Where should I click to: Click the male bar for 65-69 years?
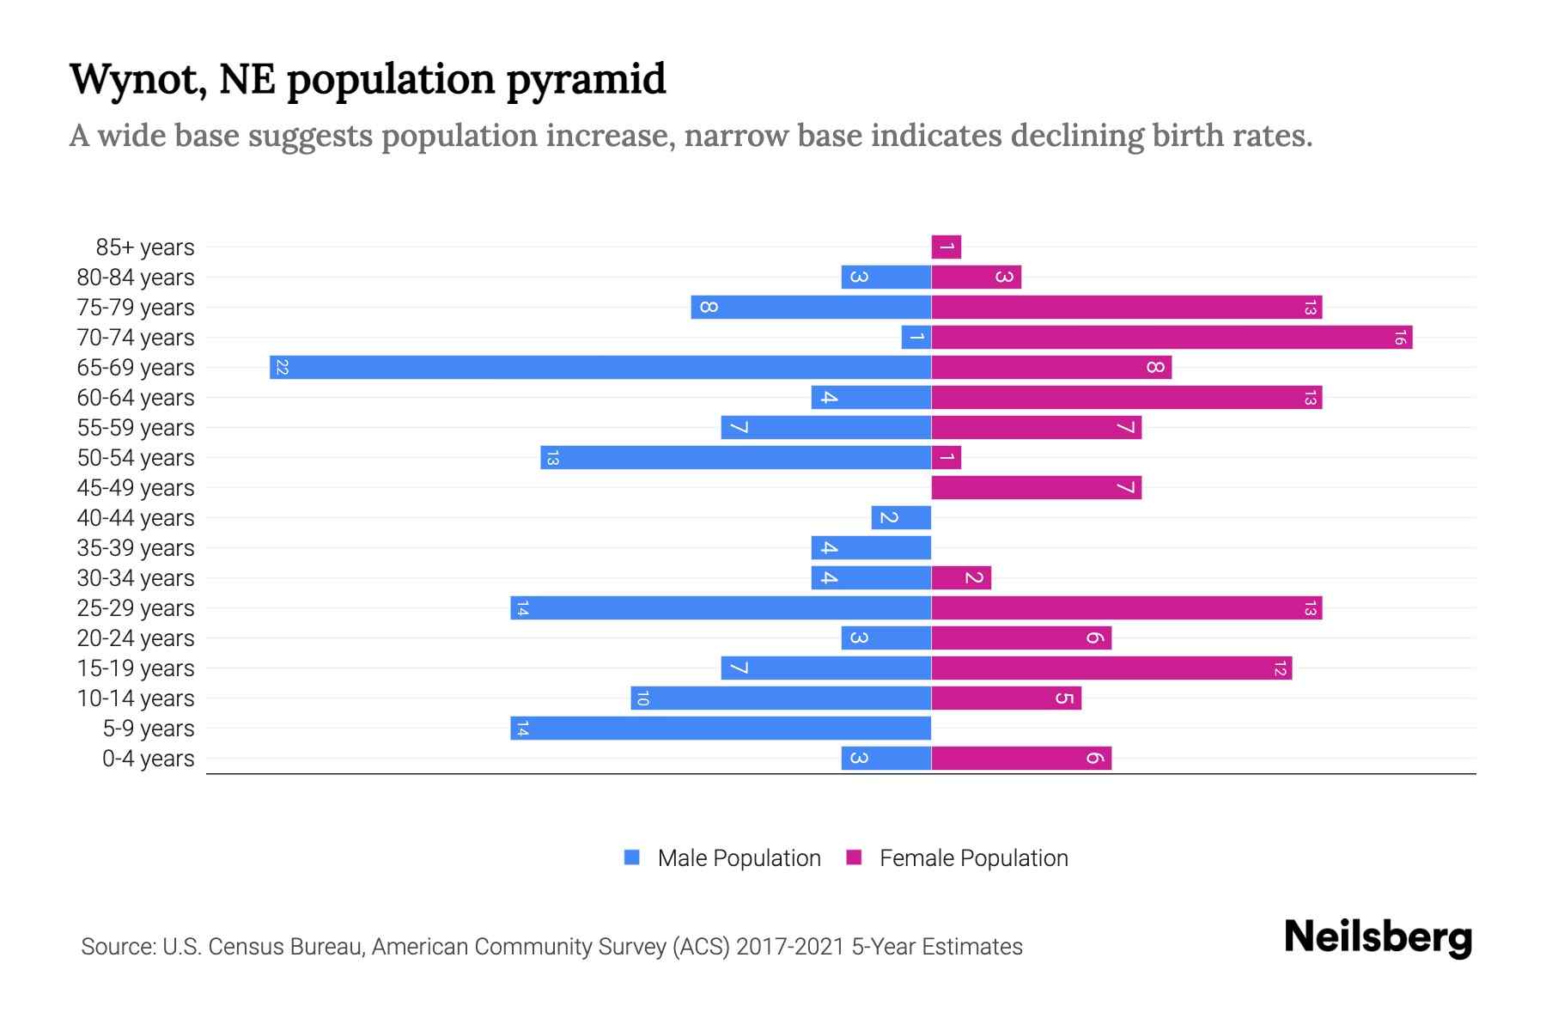tap(601, 368)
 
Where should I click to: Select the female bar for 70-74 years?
tap(1172, 338)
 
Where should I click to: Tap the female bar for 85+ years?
tap(946, 247)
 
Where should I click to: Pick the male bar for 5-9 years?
tap(721, 729)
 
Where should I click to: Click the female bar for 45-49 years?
tap(1036, 488)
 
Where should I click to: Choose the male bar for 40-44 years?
tap(901, 518)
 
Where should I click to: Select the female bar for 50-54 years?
tap(946, 458)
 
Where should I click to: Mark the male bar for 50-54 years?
tap(736, 458)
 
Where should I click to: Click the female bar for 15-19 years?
tap(1111, 668)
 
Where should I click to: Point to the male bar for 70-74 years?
tap(916, 338)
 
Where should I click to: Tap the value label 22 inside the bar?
tap(282, 368)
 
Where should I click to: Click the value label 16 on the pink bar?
tap(1399, 338)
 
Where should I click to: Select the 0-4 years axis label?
tap(148, 759)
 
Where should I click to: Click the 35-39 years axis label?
tap(136, 548)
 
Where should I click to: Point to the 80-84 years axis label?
tap(136, 278)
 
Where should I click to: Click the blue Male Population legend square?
tap(632, 857)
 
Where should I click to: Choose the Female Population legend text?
tap(973, 858)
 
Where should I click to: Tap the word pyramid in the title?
tap(586, 79)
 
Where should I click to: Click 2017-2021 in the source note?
tap(790, 947)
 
